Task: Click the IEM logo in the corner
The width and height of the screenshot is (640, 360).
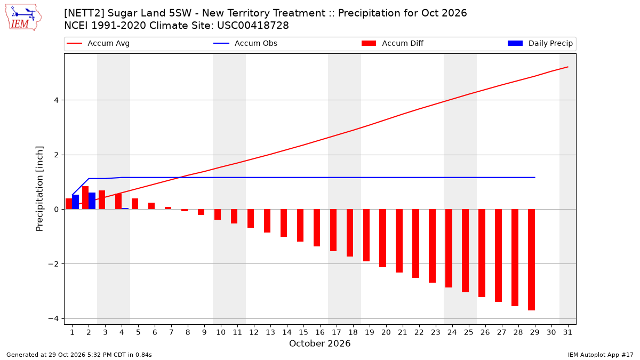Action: pyautogui.click(x=23, y=18)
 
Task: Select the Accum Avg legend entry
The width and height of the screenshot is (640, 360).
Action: pyautogui.click(x=98, y=43)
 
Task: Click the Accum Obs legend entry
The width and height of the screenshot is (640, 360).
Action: pyautogui.click(x=245, y=43)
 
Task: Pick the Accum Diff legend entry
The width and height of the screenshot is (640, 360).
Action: pyautogui.click(x=393, y=43)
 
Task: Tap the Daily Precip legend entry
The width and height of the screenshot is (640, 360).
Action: pyautogui.click(x=540, y=43)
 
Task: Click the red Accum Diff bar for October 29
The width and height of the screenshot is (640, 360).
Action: pyautogui.click(x=531, y=260)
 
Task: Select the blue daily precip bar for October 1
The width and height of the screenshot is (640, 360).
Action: pyautogui.click(x=75, y=202)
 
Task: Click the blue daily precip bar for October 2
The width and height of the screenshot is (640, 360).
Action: pyautogui.click(x=92, y=201)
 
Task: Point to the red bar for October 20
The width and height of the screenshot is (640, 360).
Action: pyautogui.click(x=382, y=238)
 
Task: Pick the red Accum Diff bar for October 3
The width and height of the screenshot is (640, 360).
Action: pyautogui.click(x=102, y=199)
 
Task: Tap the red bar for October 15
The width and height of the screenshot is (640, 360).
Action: pyautogui.click(x=300, y=226)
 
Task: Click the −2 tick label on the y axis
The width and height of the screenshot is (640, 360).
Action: pyautogui.click(x=53, y=264)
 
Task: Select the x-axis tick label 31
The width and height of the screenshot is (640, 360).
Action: pyautogui.click(x=567, y=332)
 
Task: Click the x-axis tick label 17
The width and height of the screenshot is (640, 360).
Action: pyautogui.click(x=337, y=332)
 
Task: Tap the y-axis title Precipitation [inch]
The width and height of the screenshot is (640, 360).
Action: pyautogui.click(x=39, y=189)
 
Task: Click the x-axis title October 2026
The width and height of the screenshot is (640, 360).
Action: pyautogui.click(x=319, y=343)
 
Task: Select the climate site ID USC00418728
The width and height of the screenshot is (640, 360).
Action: pyautogui.click(x=253, y=26)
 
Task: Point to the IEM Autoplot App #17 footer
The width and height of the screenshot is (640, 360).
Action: pyautogui.click(x=601, y=355)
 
